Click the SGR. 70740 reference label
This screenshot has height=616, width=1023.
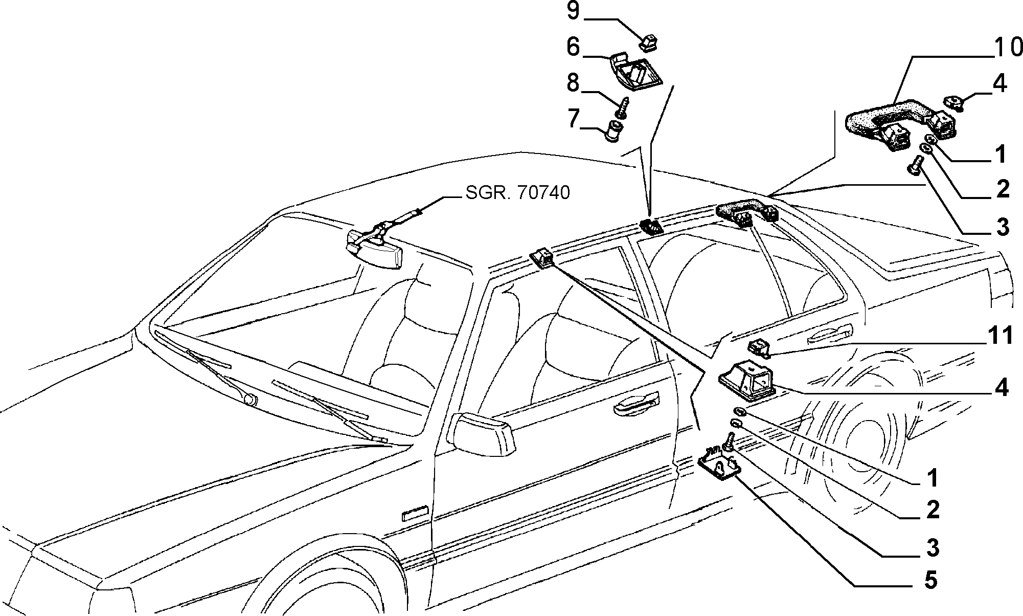[x=517, y=193]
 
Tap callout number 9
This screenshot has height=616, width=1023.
[x=573, y=11]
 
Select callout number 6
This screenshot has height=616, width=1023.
[x=573, y=47]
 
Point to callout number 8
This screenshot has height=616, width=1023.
[x=573, y=83]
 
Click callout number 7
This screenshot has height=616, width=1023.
[x=573, y=119]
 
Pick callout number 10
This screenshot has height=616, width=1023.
[x=1008, y=48]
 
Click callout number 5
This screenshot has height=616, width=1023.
[x=931, y=580]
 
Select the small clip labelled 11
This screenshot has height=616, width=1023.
[x=759, y=347]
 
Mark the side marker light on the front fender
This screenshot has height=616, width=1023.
[x=416, y=513]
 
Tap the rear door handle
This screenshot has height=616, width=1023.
[x=827, y=336]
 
